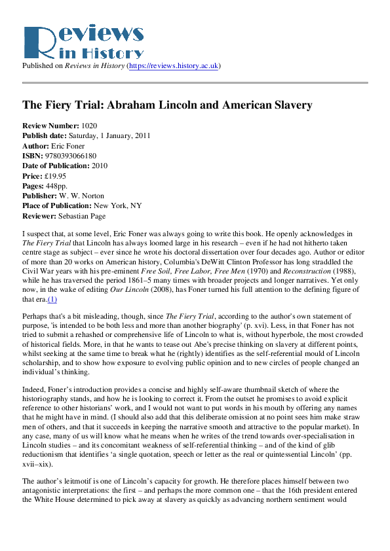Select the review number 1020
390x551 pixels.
(x=90, y=126)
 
